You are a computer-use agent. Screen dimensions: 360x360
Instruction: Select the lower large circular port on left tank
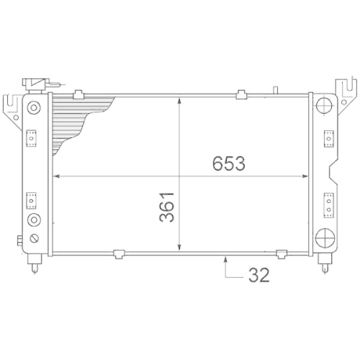tap(33, 220)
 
